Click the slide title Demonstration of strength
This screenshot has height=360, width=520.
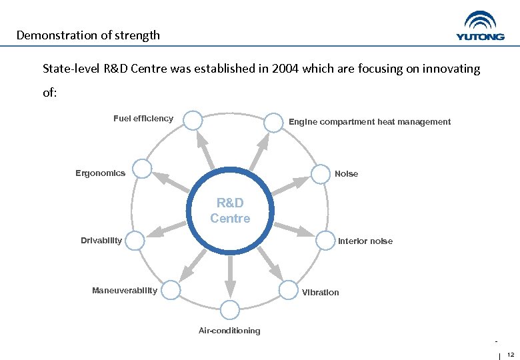pyautogui.click(x=88, y=35)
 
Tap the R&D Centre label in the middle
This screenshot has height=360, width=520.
pyautogui.click(x=230, y=211)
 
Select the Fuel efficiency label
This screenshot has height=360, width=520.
pyautogui.click(x=143, y=119)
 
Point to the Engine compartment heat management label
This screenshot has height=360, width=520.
pyautogui.click(x=369, y=122)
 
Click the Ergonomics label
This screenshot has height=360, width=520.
pyautogui.click(x=100, y=173)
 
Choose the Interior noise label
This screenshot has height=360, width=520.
pyautogui.click(x=365, y=241)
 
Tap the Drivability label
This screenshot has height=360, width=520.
pyautogui.click(x=101, y=240)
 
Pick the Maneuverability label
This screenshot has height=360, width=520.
pyautogui.click(x=125, y=290)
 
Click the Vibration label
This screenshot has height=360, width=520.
pyautogui.click(x=320, y=293)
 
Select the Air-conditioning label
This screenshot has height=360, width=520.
pyautogui.click(x=229, y=331)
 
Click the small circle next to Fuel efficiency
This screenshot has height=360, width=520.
pyautogui.click(x=193, y=120)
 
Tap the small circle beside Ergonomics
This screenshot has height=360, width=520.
pyautogui.click(x=141, y=169)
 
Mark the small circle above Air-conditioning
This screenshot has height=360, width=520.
pyautogui.click(x=229, y=310)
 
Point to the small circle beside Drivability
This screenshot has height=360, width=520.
pyautogui.click(x=135, y=241)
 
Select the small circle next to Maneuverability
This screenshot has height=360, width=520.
pyautogui.click(x=171, y=290)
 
